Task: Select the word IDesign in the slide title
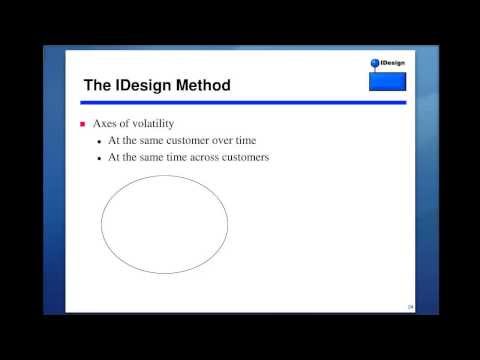[x=134, y=86]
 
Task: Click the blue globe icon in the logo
[x=376, y=64]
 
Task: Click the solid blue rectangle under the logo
[x=387, y=81]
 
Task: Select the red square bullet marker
[x=83, y=124]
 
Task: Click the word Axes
[x=106, y=124]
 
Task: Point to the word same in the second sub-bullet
[x=137, y=157]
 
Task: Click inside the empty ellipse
[x=164, y=224]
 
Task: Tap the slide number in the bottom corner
[x=410, y=306]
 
